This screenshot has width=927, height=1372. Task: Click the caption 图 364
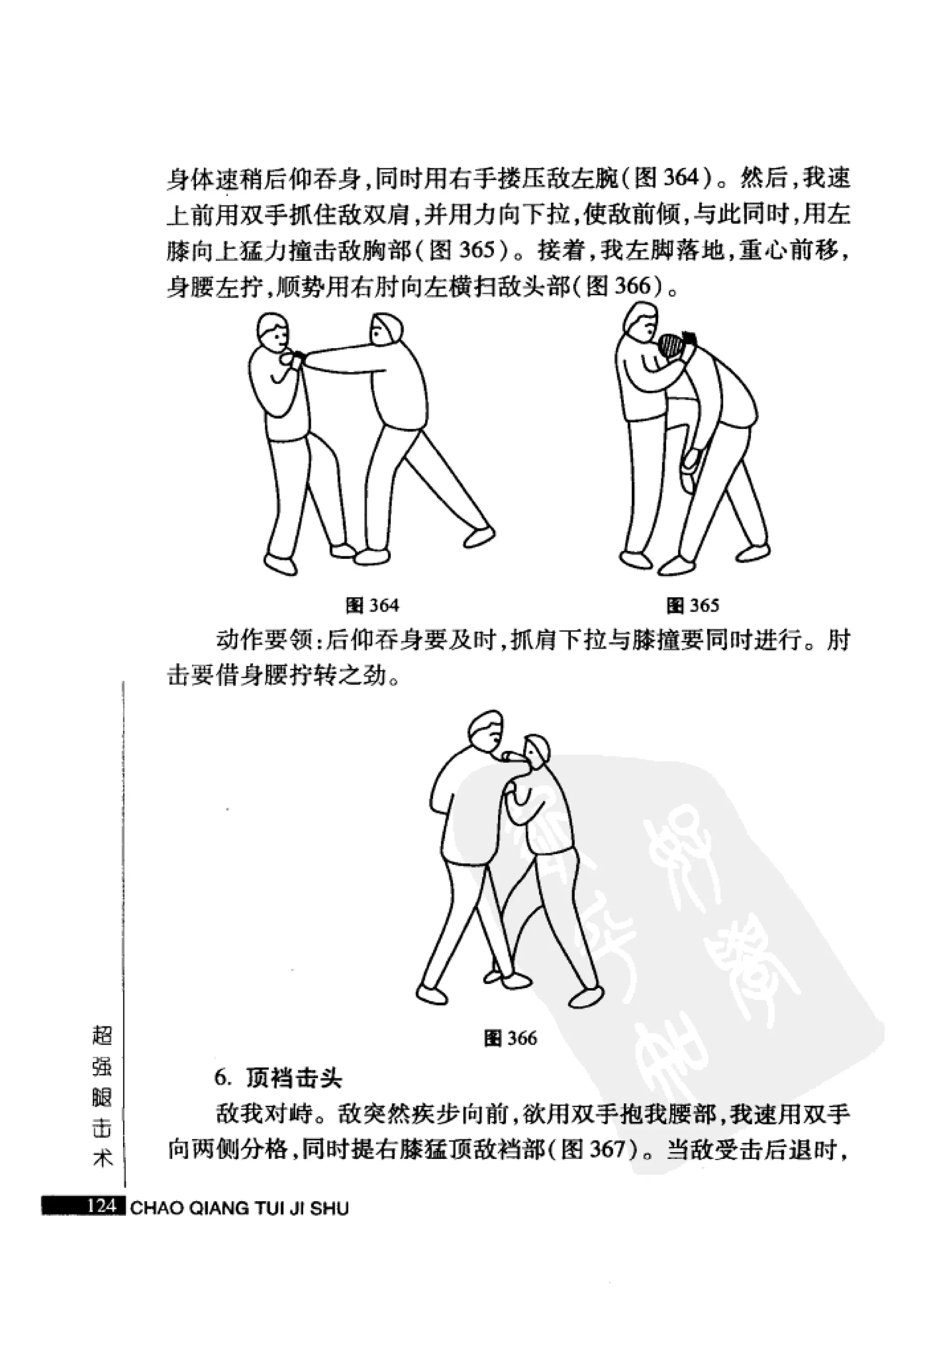pos(372,605)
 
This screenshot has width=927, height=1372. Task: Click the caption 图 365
pos(693,605)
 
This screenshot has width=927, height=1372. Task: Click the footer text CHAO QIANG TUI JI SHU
pos(239,1209)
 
